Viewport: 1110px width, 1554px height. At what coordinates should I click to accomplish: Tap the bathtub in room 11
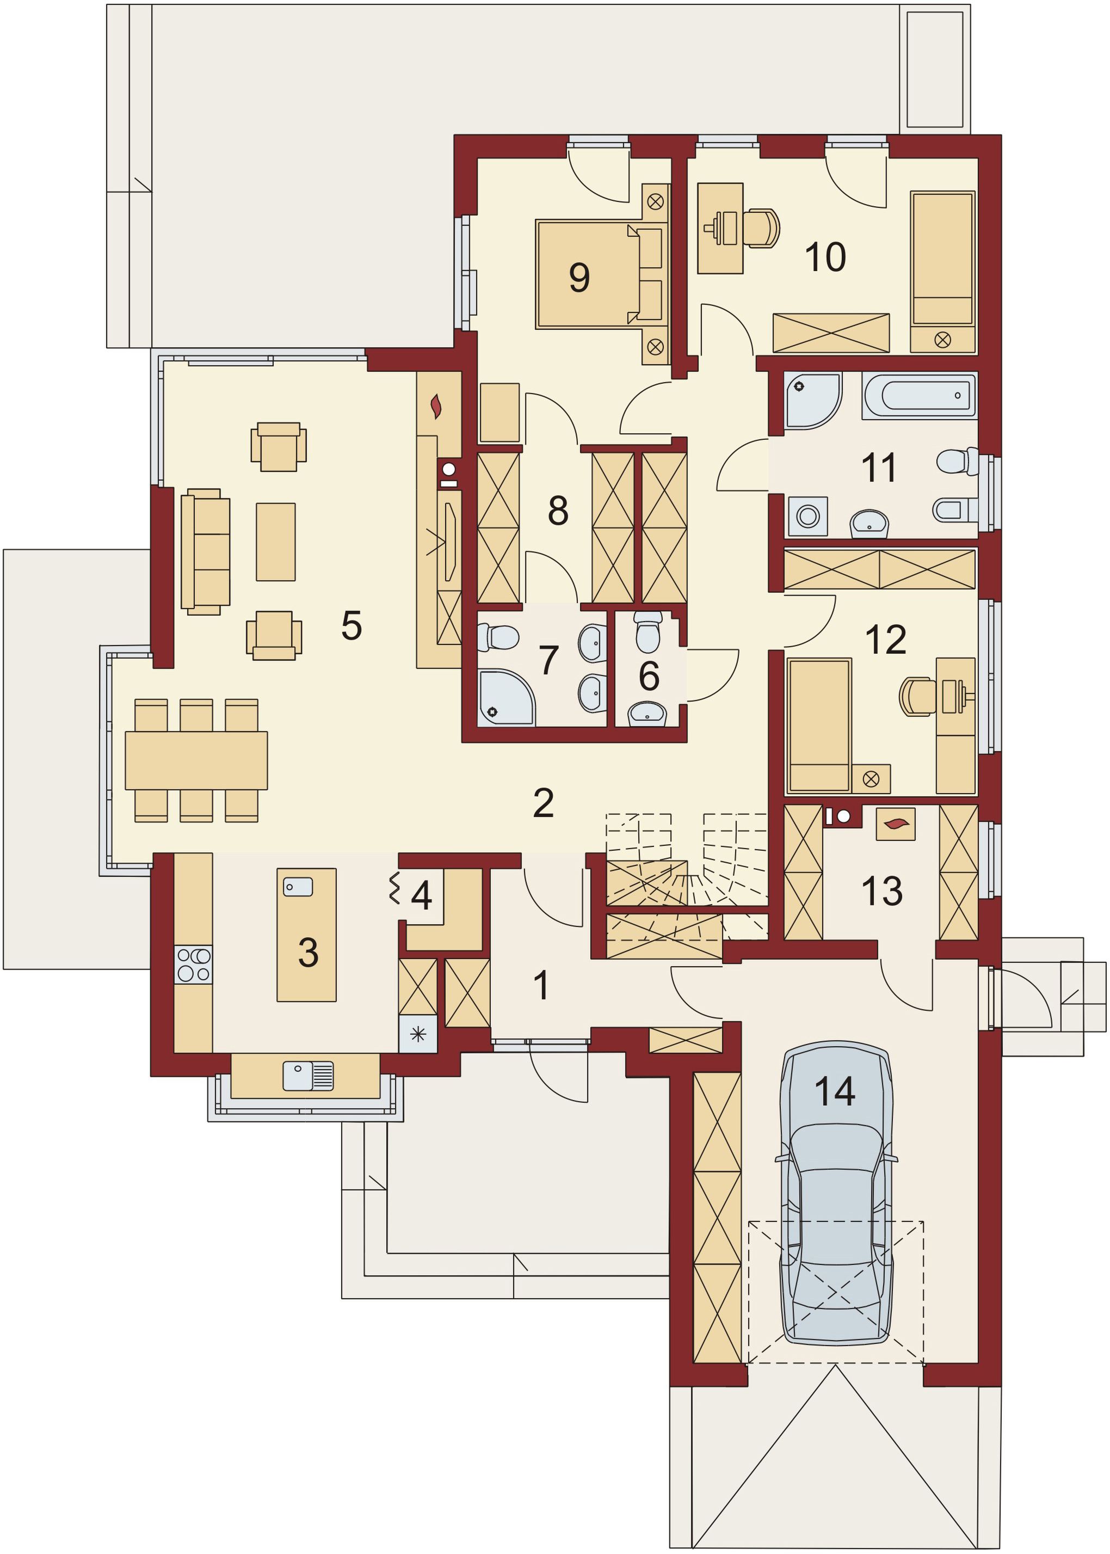click(920, 395)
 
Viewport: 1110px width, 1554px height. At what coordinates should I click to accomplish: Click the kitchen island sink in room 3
click(298, 887)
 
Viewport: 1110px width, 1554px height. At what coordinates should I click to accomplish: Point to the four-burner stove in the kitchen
click(193, 964)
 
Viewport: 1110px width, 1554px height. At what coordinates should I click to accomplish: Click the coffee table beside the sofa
click(275, 542)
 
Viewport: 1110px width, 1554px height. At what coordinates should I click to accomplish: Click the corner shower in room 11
click(812, 401)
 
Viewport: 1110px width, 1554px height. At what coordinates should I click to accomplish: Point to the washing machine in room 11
click(808, 515)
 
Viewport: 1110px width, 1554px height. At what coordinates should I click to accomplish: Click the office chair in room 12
click(918, 697)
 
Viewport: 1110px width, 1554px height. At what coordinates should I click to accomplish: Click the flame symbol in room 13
click(896, 825)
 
